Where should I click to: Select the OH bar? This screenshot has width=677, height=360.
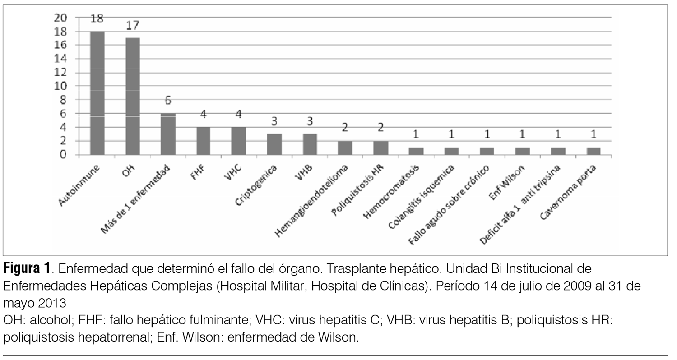click(132, 97)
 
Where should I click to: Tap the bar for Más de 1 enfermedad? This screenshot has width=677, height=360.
click(168, 134)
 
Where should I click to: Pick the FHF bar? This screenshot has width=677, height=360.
click(203, 141)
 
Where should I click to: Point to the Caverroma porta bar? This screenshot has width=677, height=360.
click(593, 151)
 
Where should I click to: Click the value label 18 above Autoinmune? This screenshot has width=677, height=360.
click(97, 18)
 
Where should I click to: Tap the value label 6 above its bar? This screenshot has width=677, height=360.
click(168, 100)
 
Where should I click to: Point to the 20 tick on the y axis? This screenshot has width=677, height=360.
click(61, 18)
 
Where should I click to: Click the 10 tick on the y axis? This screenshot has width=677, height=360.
click(61, 86)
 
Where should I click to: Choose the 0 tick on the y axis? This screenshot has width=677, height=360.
click(64, 155)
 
